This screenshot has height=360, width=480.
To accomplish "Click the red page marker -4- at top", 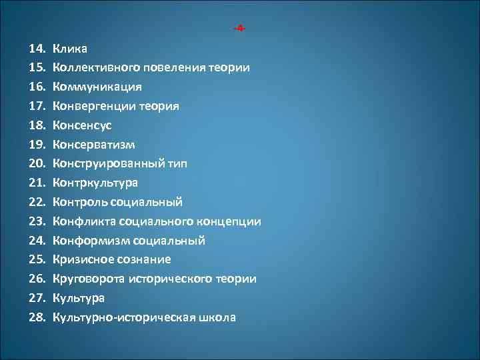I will [239, 29].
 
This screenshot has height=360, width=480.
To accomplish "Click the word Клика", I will [70, 49].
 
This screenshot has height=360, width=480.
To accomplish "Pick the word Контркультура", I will [95, 183].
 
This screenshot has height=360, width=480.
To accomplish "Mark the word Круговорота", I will [88, 279].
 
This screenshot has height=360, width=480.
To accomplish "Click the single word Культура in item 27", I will [78, 298].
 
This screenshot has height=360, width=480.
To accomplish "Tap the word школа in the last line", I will [217, 317].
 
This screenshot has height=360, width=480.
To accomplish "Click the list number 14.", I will [37, 49].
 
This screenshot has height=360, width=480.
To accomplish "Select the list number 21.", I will [37, 183].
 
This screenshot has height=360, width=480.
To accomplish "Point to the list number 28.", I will [37, 317].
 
